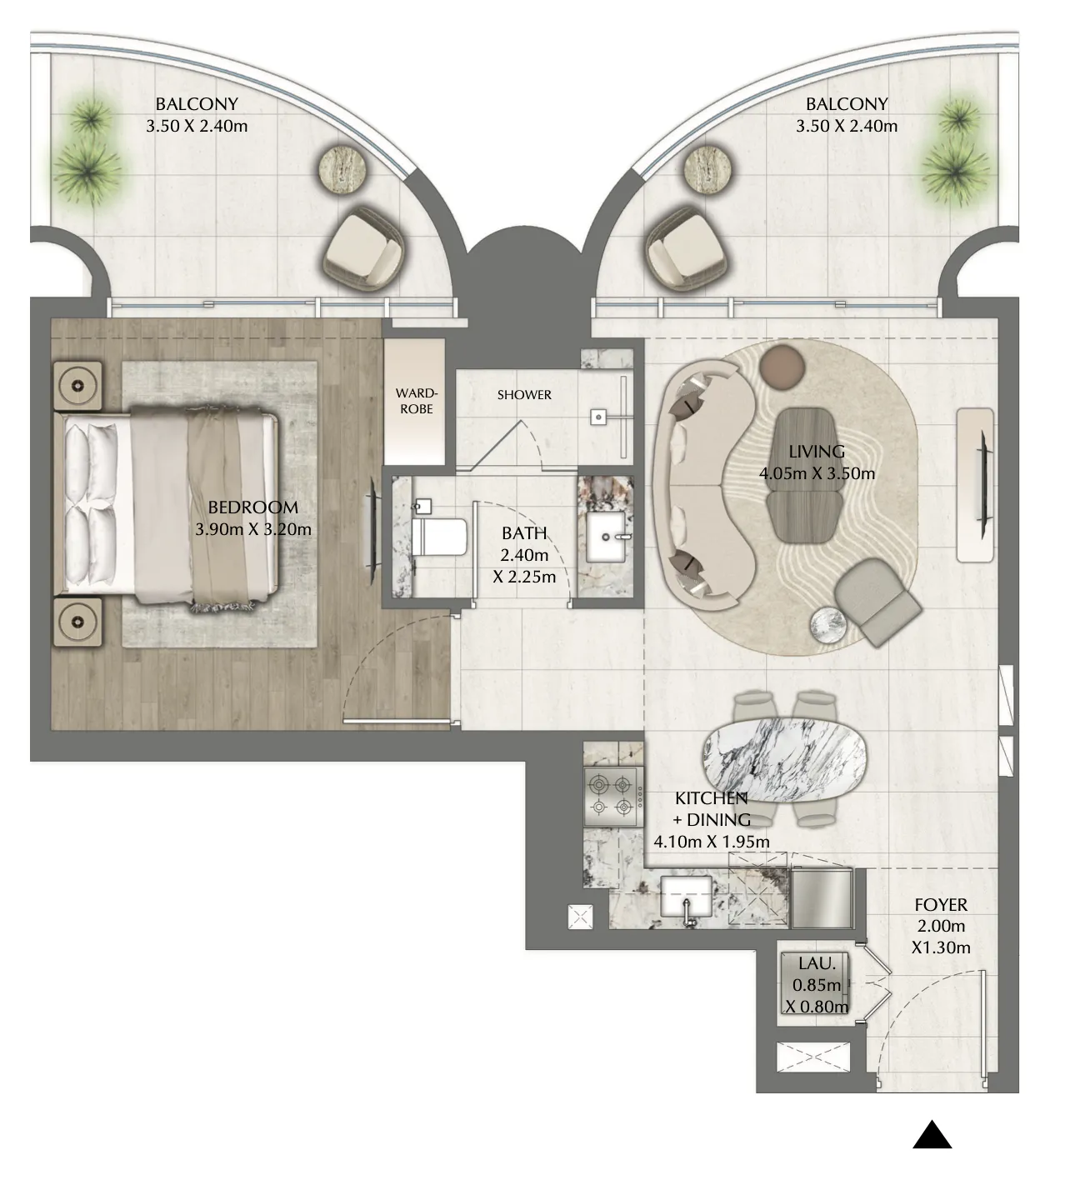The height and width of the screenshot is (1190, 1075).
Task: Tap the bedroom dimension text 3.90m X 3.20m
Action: click(253, 529)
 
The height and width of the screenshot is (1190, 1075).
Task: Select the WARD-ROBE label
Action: click(416, 401)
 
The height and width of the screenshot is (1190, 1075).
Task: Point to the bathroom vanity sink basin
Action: click(606, 537)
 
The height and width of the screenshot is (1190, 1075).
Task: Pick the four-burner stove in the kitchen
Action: click(612, 797)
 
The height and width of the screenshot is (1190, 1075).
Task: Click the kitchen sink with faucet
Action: click(687, 897)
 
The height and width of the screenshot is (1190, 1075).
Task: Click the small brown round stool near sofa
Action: click(782, 367)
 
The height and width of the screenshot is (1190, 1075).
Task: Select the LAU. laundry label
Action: click(817, 963)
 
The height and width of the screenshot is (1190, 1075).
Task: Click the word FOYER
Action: click(941, 905)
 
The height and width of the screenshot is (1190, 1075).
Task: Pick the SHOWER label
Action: click(524, 394)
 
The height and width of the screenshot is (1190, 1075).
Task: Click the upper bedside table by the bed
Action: click(77, 386)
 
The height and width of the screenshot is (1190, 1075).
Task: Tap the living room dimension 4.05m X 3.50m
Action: click(817, 473)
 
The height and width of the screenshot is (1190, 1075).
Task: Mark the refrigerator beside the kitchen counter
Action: click(822, 897)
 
